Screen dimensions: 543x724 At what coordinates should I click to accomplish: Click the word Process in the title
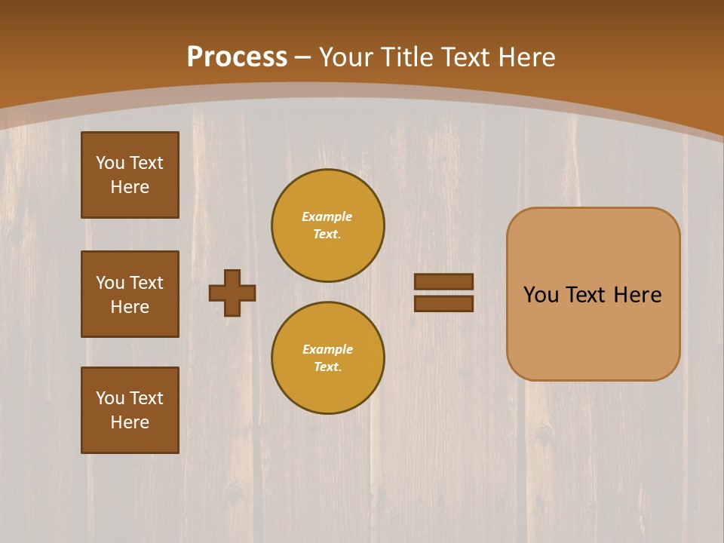(x=237, y=57)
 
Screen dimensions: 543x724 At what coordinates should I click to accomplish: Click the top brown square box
(x=130, y=175)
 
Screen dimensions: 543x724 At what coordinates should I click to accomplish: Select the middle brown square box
(x=130, y=294)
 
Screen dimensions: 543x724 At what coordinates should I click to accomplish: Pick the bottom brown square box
(x=130, y=410)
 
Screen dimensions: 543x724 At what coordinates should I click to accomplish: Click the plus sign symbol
(x=232, y=293)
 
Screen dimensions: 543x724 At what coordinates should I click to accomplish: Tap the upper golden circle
(x=328, y=225)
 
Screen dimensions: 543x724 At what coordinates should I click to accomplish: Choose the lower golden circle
(x=328, y=358)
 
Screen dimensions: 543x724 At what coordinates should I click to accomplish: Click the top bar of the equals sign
(x=444, y=281)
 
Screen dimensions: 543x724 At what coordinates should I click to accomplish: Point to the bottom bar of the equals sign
(x=444, y=303)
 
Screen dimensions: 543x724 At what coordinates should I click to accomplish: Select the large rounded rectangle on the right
(x=594, y=294)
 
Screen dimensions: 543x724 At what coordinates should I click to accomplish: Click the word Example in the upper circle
(x=327, y=216)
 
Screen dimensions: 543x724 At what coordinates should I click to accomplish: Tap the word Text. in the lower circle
(x=327, y=367)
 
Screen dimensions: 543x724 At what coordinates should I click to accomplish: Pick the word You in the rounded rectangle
(x=541, y=295)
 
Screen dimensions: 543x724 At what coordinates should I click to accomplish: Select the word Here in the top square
(x=130, y=187)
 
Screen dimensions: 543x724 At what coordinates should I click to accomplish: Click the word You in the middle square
(x=109, y=283)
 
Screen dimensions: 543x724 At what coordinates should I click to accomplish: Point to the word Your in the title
(x=347, y=57)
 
